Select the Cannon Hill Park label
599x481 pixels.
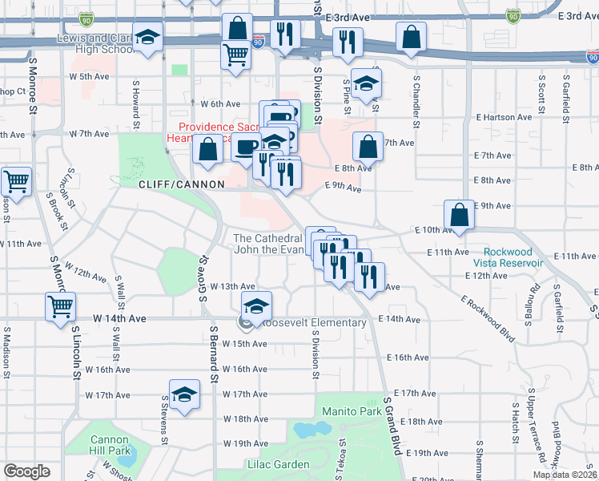pyautogui.click(x=110, y=445)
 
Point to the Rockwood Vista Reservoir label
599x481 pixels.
pyautogui.click(x=508, y=257)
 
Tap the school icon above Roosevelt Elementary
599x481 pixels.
pyautogui.click(x=257, y=305)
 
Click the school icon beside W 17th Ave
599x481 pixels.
pyautogui.click(x=185, y=394)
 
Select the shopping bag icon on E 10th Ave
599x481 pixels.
pyautogui.click(x=460, y=215)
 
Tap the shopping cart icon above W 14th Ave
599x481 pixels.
pyautogui.click(x=61, y=305)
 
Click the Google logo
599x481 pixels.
pyautogui.click(x=27, y=471)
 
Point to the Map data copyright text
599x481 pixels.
pyautogui.click(x=564, y=475)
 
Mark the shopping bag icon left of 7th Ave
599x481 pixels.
pyautogui.click(x=368, y=147)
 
